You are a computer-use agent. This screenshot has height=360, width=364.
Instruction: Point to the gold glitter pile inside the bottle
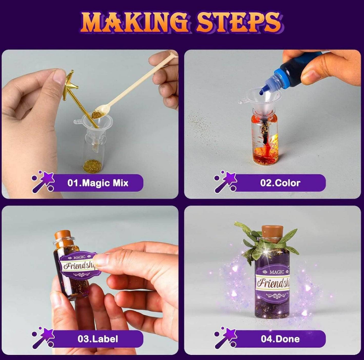[x=93, y=166]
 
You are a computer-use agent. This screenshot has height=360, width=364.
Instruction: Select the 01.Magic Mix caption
[x=98, y=183]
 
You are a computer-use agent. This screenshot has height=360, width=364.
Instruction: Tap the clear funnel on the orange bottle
[x=260, y=102]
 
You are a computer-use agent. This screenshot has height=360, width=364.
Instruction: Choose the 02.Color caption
[x=280, y=183]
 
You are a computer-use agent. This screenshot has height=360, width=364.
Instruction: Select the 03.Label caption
[x=98, y=339]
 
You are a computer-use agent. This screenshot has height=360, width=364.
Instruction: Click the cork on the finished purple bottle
[x=272, y=234]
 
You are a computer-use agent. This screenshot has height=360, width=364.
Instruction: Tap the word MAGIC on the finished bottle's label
[x=276, y=272]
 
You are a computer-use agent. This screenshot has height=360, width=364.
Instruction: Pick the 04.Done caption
[x=280, y=339]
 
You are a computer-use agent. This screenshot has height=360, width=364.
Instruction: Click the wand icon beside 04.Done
[x=225, y=337]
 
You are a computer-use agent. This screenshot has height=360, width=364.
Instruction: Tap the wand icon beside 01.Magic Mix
[x=43, y=182]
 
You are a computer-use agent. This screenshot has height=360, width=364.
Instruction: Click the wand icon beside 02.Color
[x=225, y=182]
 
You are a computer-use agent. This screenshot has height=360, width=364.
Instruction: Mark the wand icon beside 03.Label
[x=43, y=337]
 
